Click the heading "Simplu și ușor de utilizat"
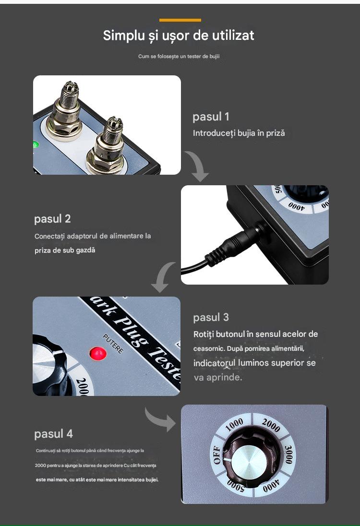pyautogui.click(x=179, y=36)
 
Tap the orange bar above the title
pyautogui.click(x=180, y=20)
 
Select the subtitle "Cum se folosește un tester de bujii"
pyautogui.click(x=179, y=56)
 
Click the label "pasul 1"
pyautogui.click(x=211, y=117)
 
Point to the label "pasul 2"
pyautogui.click(x=52, y=219)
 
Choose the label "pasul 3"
pyautogui.click(x=211, y=317)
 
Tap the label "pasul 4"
pyautogui.click(x=53, y=434)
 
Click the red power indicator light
pyautogui.click(x=98, y=354)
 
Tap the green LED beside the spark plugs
pyautogui.click(x=36, y=145)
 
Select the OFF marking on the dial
pyautogui.click(x=217, y=455)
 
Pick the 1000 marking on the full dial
pyautogui.click(x=234, y=425)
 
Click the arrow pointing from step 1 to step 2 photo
pyautogui.click(x=198, y=166)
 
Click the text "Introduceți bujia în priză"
pyautogui.click(x=239, y=133)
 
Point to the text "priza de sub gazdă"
pyautogui.click(x=65, y=250)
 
